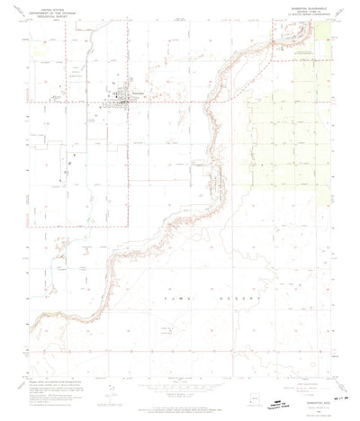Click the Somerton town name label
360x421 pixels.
138,93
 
